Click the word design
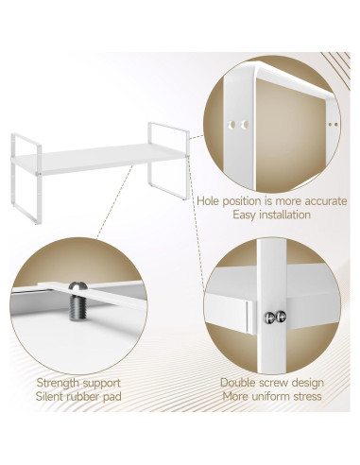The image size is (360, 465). click(305, 383)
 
